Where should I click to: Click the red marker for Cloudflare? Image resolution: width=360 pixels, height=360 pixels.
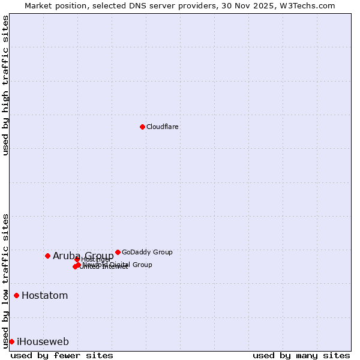click(142, 127)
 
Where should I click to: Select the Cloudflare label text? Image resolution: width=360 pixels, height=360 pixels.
click(163, 127)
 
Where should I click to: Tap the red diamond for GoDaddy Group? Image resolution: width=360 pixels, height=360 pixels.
click(118, 252)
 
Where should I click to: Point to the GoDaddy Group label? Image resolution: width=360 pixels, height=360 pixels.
click(147, 253)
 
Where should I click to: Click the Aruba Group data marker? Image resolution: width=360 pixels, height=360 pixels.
click(47, 256)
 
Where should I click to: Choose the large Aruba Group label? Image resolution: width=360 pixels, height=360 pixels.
click(83, 256)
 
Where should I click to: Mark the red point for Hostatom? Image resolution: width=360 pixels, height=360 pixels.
click(16, 295)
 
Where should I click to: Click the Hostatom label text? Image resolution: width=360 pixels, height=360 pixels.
click(44, 296)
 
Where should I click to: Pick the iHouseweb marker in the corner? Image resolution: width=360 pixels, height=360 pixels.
click(11, 341)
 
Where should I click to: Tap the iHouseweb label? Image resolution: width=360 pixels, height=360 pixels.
click(43, 342)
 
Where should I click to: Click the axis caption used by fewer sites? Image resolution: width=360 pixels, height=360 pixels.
click(62, 355)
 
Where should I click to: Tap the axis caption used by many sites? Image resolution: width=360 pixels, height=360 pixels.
click(301, 355)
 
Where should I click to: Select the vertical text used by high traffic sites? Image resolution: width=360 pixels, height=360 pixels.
click(5, 85)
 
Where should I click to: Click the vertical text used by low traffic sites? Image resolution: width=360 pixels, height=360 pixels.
click(5, 281)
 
